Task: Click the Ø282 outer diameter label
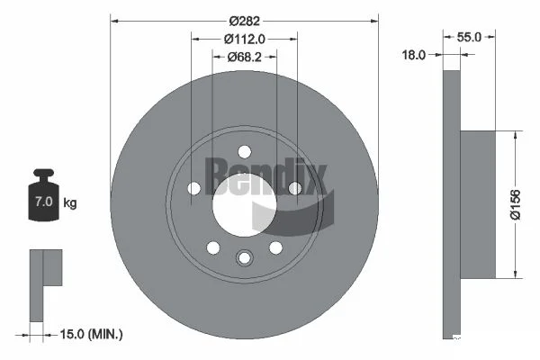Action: (x=245, y=22)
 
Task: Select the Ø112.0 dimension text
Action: (x=245, y=40)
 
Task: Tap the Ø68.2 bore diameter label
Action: (x=245, y=57)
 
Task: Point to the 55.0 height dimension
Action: (x=469, y=37)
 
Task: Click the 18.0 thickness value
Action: (x=414, y=55)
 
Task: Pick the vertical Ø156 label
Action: (x=516, y=204)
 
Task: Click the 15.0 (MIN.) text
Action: (x=91, y=334)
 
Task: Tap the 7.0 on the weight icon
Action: (x=44, y=202)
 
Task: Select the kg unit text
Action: (x=70, y=202)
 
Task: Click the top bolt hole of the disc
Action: (x=245, y=151)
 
